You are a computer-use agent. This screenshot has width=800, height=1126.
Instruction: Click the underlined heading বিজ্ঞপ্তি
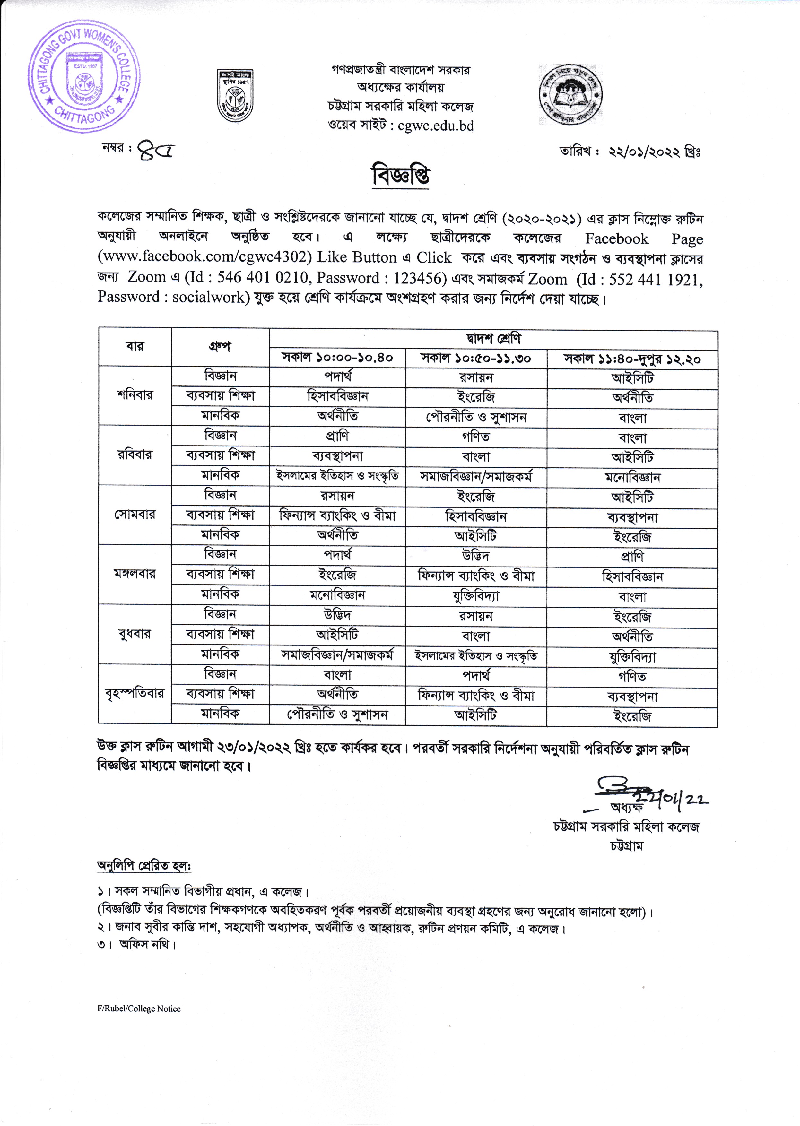pyautogui.click(x=401, y=176)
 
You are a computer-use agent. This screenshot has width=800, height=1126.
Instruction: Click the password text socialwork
pyautogui.click(x=208, y=297)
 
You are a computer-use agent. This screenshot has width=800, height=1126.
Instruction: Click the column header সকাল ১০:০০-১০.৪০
pyautogui.click(x=337, y=358)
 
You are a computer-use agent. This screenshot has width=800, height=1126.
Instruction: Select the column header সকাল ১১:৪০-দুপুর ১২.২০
pyautogui.click(x=632, y=359)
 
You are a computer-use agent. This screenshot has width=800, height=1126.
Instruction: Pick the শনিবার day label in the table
pyautogui.click(x=135, y=395)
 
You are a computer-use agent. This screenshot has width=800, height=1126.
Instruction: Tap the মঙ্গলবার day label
pyautogui.click(x=135, y=574)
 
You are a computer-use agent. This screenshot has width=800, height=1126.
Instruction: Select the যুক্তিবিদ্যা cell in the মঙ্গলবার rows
pyautogui.click(x=476, y=596)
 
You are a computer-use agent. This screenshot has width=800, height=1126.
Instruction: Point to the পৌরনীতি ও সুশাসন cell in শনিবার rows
pyautogui.click(x=476, y=418)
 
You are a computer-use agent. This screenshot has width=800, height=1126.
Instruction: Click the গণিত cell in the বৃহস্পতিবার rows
pyautogui.click(x=632, y=677)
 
